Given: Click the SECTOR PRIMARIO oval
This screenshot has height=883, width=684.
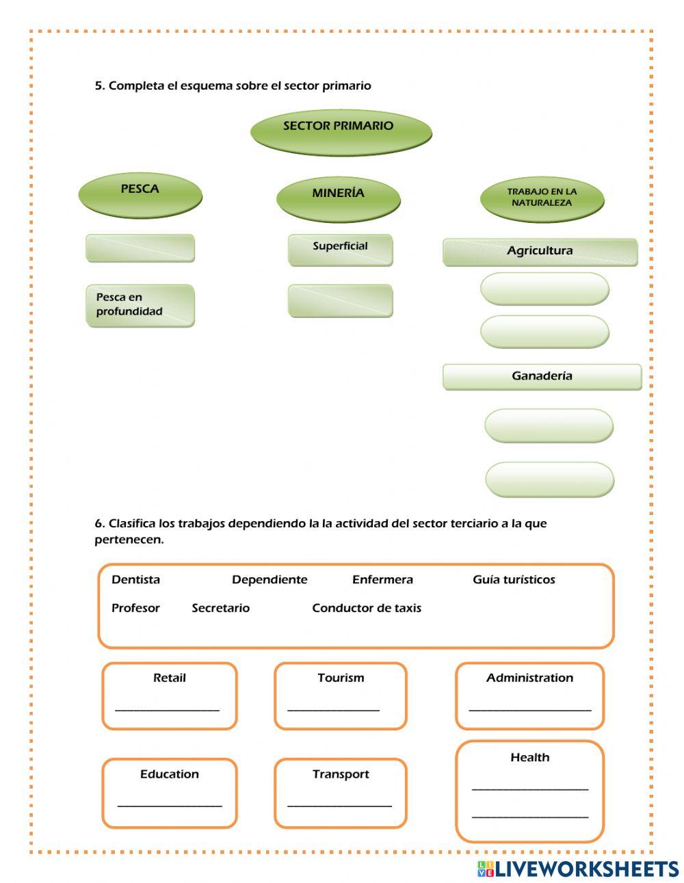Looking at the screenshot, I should point(341,131).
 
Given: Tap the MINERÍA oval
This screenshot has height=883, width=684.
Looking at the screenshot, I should point(338,198).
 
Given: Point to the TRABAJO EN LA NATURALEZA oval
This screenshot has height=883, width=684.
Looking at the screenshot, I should point(542,199).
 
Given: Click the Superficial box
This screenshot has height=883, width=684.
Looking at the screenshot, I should point(340,249).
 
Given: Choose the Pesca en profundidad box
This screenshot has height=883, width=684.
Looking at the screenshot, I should point(140,305).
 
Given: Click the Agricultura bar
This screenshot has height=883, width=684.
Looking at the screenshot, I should point(540,252).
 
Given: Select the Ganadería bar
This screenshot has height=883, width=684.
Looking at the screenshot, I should point(542,376).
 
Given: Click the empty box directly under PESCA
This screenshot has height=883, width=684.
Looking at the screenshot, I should point(140,248).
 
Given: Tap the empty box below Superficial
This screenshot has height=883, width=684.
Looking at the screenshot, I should point(340,301).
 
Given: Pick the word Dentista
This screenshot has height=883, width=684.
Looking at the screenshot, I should point(135,580).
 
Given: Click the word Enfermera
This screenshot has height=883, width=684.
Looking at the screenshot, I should point(382,580).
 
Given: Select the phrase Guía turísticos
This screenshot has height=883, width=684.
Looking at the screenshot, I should point(514,580).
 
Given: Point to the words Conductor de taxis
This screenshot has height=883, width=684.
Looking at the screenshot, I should point(367,608).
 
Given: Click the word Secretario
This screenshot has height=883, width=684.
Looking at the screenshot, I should point(220,608).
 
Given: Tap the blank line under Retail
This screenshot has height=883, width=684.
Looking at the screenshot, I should point(168,708).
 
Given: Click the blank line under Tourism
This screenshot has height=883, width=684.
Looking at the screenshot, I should point(334,708).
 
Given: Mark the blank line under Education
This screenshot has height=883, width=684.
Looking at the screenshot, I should point(170,804).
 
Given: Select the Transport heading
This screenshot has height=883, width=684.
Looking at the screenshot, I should point(341,774).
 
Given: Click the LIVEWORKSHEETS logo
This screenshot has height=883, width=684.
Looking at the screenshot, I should point(577,869).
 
